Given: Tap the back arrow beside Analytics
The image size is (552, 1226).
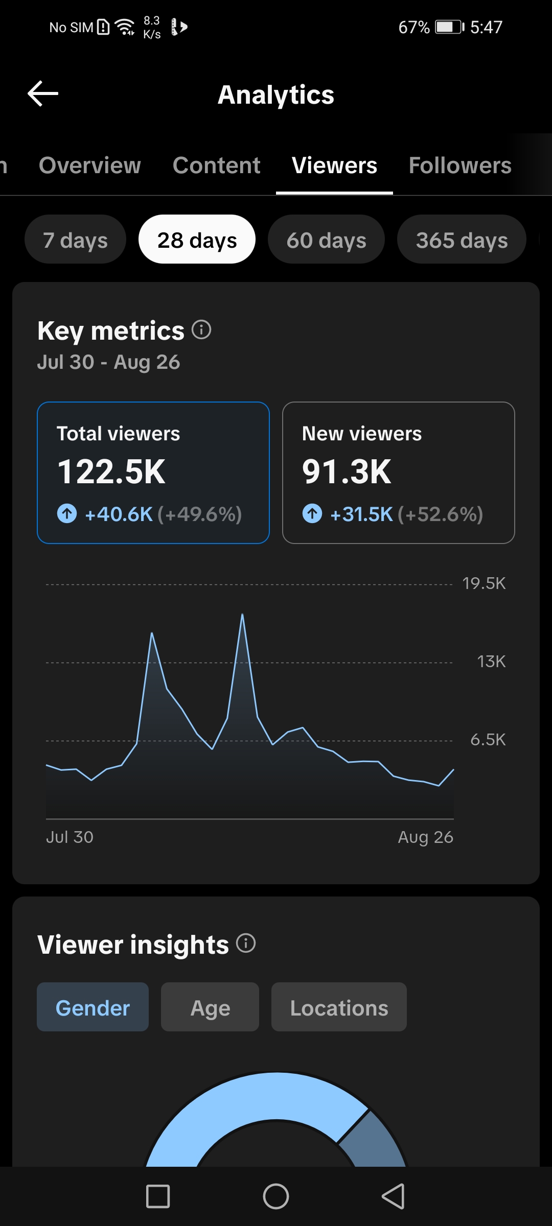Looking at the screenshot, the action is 43,93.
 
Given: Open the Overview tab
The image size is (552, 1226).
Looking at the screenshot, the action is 90,165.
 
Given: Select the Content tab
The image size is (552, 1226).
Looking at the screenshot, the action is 217,165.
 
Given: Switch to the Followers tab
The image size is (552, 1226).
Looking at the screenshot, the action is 460,165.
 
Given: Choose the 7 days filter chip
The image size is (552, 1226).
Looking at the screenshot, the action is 76,240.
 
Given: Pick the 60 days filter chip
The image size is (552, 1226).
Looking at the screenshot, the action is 326,240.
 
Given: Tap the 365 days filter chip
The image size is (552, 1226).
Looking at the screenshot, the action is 462,240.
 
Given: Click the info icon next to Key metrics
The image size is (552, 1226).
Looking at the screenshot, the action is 201,329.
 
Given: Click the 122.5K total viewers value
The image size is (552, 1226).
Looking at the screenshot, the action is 111,471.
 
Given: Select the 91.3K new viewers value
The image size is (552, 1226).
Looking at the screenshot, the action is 347,471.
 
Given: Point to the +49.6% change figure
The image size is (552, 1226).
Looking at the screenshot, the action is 199,514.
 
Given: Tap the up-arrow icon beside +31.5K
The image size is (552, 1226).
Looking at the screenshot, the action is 312,513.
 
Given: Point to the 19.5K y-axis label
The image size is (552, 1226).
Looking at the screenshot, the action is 484,583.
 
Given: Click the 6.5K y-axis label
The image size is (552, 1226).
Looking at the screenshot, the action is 488,740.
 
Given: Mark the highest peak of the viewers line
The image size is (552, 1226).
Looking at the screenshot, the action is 242,614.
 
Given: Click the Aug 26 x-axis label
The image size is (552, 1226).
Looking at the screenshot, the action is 426,837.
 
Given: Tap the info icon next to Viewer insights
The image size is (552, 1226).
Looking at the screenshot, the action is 246,943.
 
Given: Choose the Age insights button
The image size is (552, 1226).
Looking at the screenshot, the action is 210,1007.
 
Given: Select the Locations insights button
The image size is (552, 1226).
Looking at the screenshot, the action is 339,1007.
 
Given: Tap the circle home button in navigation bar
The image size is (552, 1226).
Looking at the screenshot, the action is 276,1196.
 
